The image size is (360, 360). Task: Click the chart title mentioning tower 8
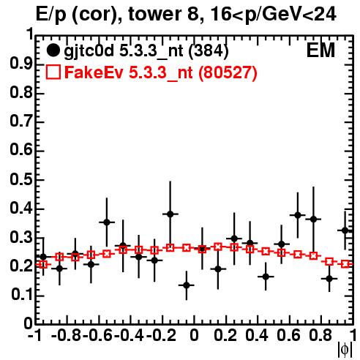(x=186, y=14)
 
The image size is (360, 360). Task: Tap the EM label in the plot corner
(x=320, y=50)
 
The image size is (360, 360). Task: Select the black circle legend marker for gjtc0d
(x=53, y=50)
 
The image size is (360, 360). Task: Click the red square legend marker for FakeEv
(x=53, y=72)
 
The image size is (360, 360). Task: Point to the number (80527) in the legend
(x=228, y=72)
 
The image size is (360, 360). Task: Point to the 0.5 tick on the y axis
(x=21, y=180)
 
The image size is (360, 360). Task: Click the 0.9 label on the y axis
(x=21, y=64)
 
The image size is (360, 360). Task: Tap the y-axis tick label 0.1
(x=22, y=295)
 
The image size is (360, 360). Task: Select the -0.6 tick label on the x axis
(x=97, y=335)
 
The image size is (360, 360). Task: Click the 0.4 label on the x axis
(x=257, y=335)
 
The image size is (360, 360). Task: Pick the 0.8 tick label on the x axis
(x=320, y=335)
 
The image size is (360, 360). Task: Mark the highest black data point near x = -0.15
(x=170, y=214)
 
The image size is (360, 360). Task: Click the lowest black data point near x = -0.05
(x=187, y=285)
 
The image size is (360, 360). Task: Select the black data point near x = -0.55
(x=107, y=222)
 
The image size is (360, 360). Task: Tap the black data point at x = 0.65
(x=298, y=215)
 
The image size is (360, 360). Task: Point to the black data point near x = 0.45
(x=266, y=277)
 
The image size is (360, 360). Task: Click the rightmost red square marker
(x=345, y=264)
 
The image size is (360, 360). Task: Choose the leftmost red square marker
(x=43, y=264)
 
